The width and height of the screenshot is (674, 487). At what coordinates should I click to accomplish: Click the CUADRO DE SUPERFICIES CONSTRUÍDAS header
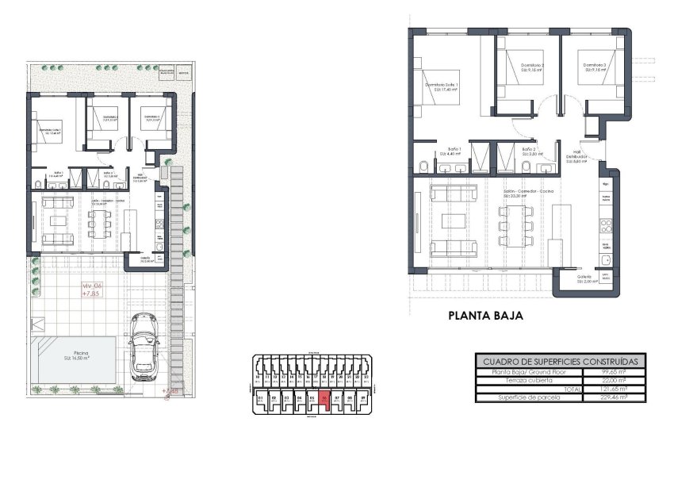tap(561, 361)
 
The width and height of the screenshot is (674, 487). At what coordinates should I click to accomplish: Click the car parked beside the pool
tap(145, 347)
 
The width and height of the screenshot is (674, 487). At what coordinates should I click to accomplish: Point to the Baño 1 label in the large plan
tap(454, 148)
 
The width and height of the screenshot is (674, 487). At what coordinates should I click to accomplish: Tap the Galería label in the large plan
tap(584, 277)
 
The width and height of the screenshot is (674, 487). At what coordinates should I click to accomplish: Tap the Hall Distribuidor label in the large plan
tap(576, 155)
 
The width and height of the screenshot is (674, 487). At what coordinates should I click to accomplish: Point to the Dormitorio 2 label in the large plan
tap(532, 66)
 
